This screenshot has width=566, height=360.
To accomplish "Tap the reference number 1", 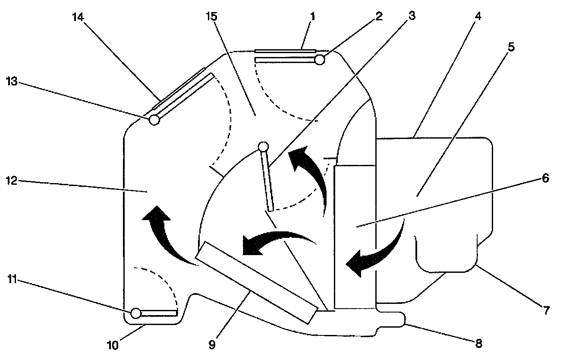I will click(x=313, y=17).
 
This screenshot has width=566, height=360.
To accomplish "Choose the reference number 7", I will click(x=546, y=309).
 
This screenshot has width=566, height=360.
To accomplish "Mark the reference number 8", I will click(x=478, y=344).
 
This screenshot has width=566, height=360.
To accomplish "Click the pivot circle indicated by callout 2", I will click(x=320, y=60).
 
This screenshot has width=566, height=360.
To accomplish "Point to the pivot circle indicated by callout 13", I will click(x=154, y=120).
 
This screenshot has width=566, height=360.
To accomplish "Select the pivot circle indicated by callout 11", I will click(x=136, y=312).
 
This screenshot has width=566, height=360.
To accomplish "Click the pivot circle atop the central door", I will click(x=263, y=147).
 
